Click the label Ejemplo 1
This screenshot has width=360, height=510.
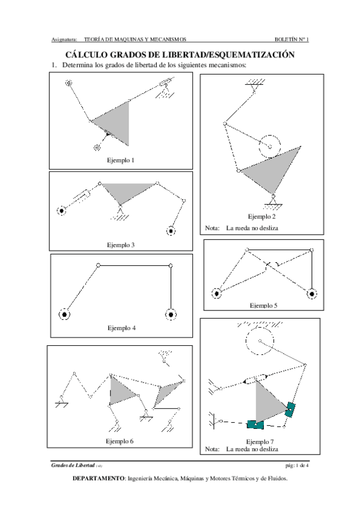coord(121,161)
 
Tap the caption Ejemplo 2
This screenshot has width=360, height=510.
coord(261,217)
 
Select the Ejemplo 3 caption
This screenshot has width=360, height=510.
coord(121,245)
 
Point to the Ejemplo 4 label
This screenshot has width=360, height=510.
coord(121,328)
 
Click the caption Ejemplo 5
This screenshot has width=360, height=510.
coord(263,306)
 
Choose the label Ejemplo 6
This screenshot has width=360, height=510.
coord(120,441)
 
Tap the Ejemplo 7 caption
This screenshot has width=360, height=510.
coord(260,441)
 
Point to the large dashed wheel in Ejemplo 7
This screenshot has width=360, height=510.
coord(246,341)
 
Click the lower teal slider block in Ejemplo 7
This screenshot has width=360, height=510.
coord(255,425)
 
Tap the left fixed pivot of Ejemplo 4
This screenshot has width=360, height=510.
coord(64,315)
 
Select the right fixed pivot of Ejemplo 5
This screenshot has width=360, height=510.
coord(312,294)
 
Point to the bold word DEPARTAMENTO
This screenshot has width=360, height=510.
coord(99,479)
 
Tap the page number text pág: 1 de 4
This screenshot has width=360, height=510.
coord(297,465)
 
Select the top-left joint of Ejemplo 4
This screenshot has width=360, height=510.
coord(99,265)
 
